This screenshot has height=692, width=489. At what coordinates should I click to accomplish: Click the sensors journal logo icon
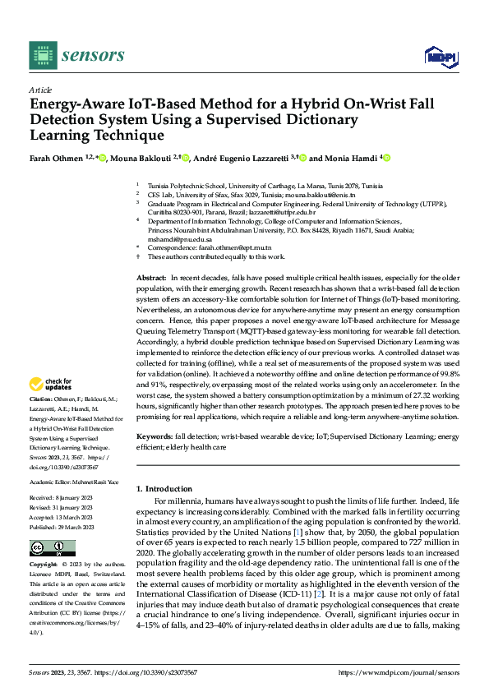42,55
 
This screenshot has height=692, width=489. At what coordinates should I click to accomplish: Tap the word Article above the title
40,90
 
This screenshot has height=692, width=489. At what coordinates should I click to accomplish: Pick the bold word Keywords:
155,436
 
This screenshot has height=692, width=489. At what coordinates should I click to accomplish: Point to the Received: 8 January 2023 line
67,498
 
